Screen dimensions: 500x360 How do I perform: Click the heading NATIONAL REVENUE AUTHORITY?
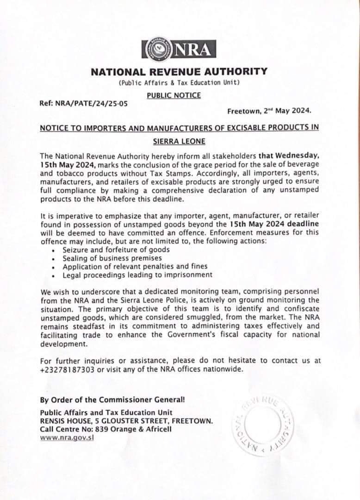[179, 72]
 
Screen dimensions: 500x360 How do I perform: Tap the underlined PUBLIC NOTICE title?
[174, 95]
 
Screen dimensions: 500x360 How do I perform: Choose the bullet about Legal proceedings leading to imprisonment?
[131, 275]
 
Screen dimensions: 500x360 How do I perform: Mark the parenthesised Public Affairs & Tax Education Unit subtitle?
[179, 83]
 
